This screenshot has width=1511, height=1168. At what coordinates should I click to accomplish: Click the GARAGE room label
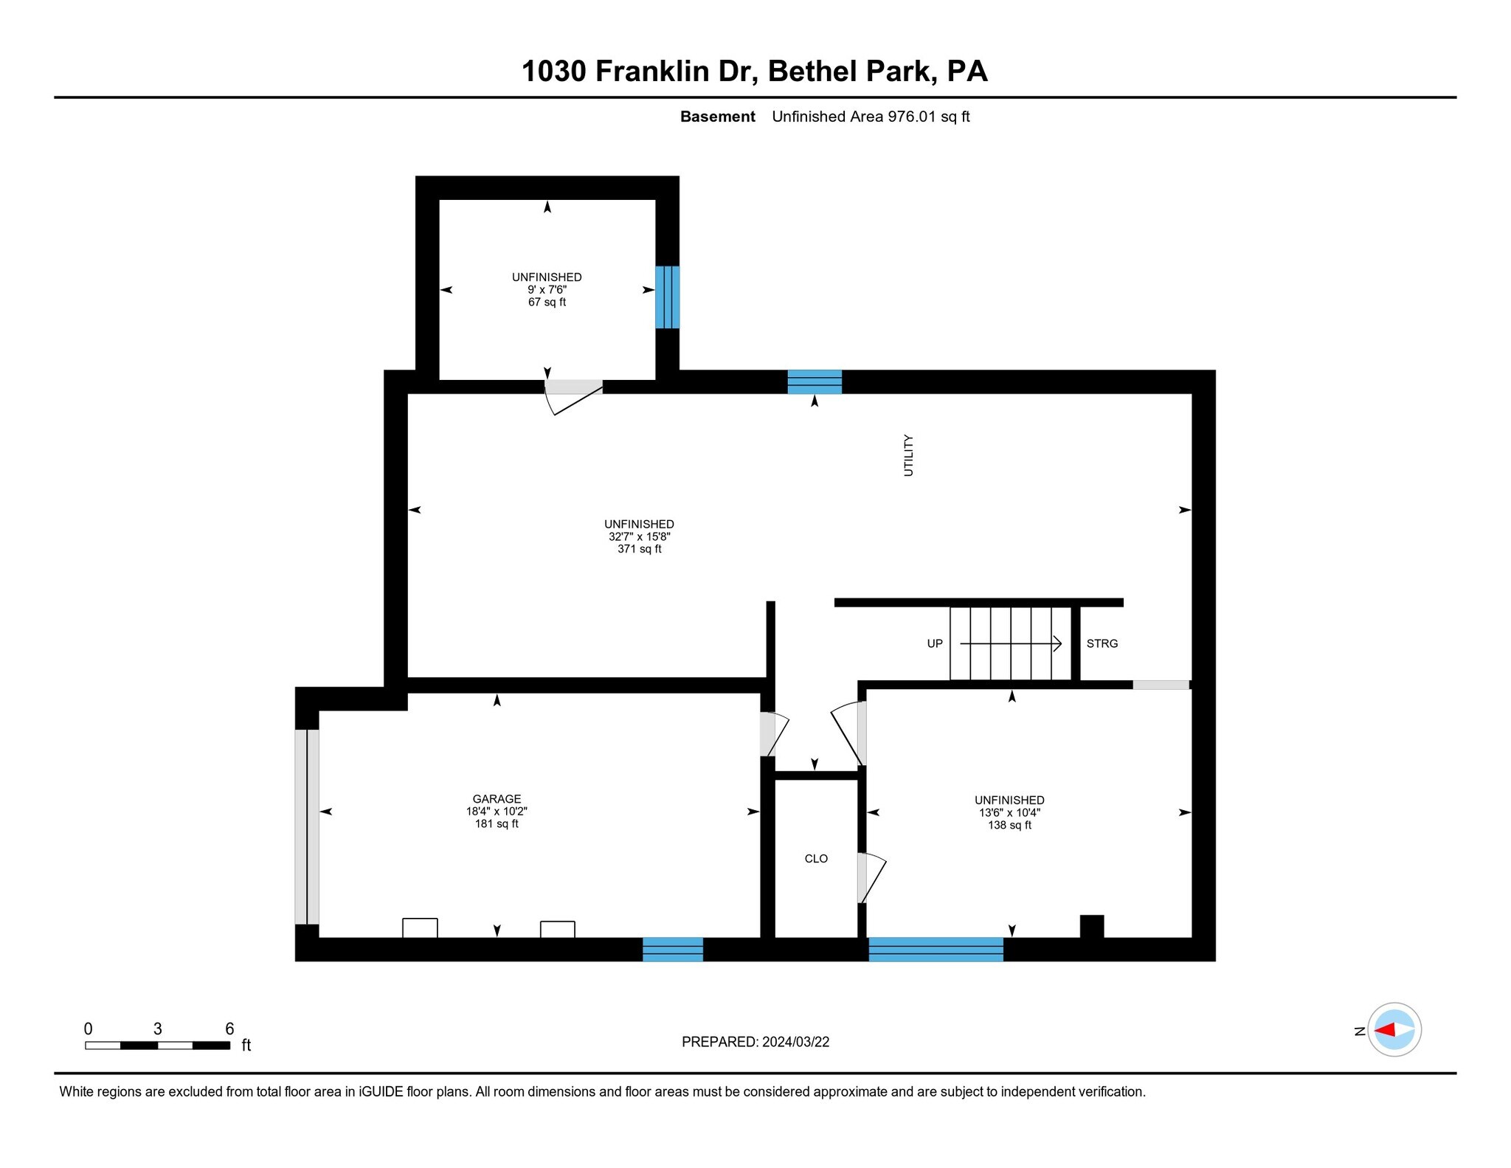pyautogui.click(x=497, y=798)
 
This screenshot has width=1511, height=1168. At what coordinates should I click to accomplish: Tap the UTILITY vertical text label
pyautogui.click(x=908, y=455)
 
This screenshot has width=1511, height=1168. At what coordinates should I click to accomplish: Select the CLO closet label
pyautogui.click(x=816, y=858)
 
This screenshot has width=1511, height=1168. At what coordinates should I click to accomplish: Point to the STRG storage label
pyautogui.click(x=1102, y=643)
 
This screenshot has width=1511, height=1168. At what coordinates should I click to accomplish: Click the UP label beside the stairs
pyautogui.click(x=935, y=643)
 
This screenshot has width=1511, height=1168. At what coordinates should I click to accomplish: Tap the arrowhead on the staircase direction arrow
pyautogui.click(x=1058, y=643)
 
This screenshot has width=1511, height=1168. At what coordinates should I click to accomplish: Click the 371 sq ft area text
pyautogui.click(x=639, y=549)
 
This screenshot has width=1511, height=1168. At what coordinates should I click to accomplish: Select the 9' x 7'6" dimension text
pyautogui.click(x=547, y=290)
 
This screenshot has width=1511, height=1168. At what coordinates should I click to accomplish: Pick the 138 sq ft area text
pyautogui.click(x=1009, y=825)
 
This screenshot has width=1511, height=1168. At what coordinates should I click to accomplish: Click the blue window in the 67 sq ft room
pyautogui.click(x=667, y=297)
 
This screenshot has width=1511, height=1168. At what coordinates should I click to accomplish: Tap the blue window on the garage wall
pyautogui.click(x=672, y=949)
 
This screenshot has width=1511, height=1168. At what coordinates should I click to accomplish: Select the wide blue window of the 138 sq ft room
pyautogui.click(x=936, y=949)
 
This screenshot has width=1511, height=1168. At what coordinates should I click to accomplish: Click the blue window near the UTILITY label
pyautogui.click(x=815, y=381)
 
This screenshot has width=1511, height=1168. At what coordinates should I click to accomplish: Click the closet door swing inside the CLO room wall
pyautogui.click(x=871, y=878)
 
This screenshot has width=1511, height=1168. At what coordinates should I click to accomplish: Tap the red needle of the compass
pyautogui.click(x=1385, y=1029)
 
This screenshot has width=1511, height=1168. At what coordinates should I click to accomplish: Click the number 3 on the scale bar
pyautogui.click(x=157, y=1029)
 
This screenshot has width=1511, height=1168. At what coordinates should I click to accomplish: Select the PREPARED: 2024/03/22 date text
pyautogui.click(x=755, y=1042)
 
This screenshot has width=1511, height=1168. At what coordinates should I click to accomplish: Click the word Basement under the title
pyautogui.click(x=717, y=117)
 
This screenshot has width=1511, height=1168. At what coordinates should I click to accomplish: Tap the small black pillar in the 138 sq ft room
pyautogui.click(x=1091, y=926)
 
